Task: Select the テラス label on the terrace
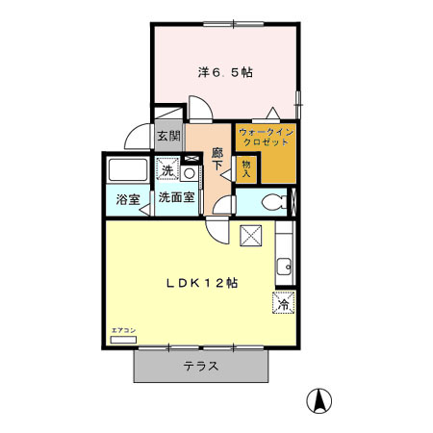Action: (x=200, y=367)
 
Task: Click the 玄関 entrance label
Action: (x=168, y=137)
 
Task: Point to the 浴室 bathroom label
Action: (x=128, y=199)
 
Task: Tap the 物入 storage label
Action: (x=245, y=168)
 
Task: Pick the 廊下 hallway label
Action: (x=218, y=159)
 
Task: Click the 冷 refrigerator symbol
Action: (x=284, y=303)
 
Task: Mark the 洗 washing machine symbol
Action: (x=167, y=170)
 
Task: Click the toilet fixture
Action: (x=273, y=202)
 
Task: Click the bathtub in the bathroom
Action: (x=127, y=171)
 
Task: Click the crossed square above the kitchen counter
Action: (x=253, y=234)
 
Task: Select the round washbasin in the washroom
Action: (x=189, y=173)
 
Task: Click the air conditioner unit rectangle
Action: (x=124, y=339)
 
